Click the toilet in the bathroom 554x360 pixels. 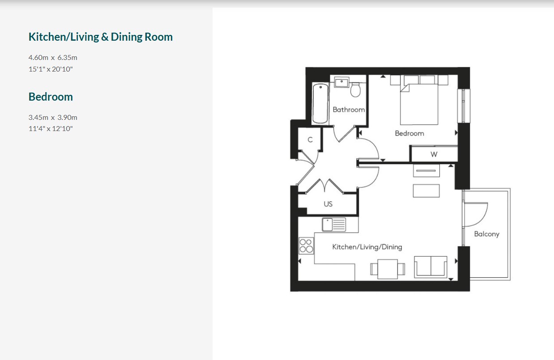click(x=355, y=90)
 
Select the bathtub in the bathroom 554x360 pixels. click(x=320, y=103)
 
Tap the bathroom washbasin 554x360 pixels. click(x=341, y=82)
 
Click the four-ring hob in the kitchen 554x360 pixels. click(x=306, y=246)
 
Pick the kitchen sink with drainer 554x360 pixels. click(x=334, y=224)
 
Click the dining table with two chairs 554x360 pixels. click(x=388, y=269)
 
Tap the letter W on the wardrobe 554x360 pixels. click(x=434, y=154)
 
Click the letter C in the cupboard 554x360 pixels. click(x=310, y=140)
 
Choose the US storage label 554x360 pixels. click(x=328, y=204)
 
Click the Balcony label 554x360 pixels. click(x=487, y=234)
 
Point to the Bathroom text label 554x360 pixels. click(x=349, y=110)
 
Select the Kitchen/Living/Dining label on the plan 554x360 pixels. click(x=367, y=247)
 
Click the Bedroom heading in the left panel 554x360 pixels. click(x=51, y=97)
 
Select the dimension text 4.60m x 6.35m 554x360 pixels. click(x=53, y=58)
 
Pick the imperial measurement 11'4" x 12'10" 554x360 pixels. click(x=51, y=128)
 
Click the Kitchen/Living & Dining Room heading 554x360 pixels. click(x=101, y=37)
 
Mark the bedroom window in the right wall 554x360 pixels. click(x=464, y=106)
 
